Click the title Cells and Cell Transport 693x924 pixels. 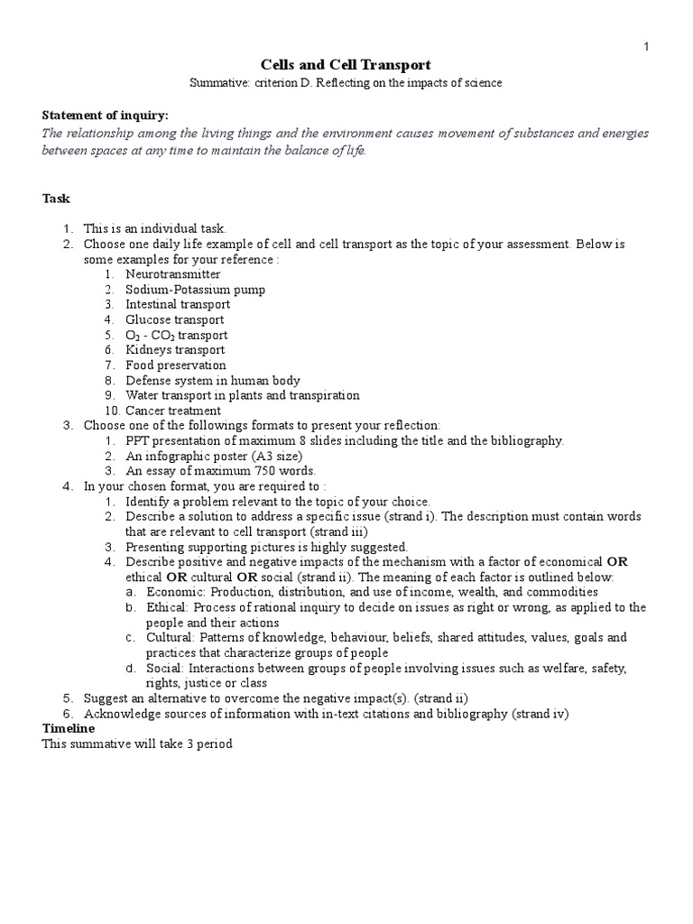pyautogui.click(x=346, y=65)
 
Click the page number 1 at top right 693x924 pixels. pyautogui.click(x=646, y=46)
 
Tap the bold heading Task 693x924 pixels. pyautogui.click(x=56, y=199)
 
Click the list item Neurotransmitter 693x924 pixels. pyautogui.click(x=172, y=274)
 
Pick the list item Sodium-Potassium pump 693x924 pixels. pyautogui.click(x=195, y=290)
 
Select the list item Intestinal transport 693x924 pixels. pyautogui.click(x=178, y=305)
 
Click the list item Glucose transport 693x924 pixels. pyautogui.click(x=175, y=320)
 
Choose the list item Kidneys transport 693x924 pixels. pyautogui.click(x=175, y=350)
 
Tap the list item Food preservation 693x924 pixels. pyautogui.click(x=175, y=365)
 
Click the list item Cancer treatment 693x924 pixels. pyautogui.click(x=173, y=411)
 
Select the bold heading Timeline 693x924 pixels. pyautogui.click(x=69, y=728)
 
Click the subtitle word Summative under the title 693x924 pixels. pyautogui.click(x=219, y=83)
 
